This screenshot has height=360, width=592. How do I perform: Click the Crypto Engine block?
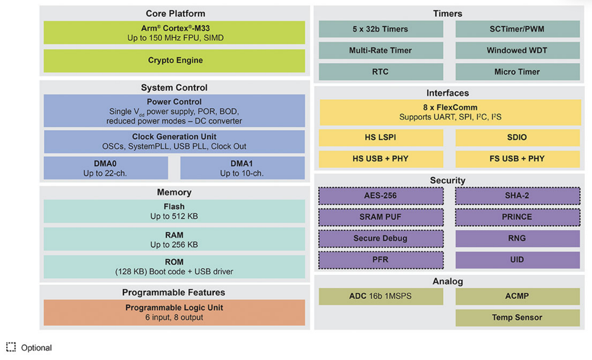(174, 61)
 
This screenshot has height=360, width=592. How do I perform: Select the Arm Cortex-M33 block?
(174, 33)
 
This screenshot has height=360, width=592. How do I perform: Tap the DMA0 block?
(106, 168)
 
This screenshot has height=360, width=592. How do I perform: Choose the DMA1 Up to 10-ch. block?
(242, 168)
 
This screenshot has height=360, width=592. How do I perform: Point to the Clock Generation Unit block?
(174, 142)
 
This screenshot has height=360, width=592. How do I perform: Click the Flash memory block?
(174, 211)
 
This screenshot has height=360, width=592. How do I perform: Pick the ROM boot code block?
(174, 267)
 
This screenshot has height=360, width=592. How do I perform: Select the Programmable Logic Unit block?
(174, 313)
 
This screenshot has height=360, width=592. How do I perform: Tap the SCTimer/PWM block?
(518, 29)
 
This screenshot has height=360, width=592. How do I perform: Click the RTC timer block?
(381, 72)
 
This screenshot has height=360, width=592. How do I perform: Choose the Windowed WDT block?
(518, 51)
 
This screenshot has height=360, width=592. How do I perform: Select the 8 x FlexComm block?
(451, 113)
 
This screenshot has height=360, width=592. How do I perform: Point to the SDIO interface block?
(518, 137)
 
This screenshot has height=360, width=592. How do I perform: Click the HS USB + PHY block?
(381, 159)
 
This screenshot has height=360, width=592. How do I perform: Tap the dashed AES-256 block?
(381, 196)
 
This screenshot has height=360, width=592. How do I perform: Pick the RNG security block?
(518, 239)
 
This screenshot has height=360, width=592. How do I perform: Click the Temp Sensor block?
(518, 318)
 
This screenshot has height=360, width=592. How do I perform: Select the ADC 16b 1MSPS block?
(381, 296)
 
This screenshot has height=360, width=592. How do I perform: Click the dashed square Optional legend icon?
(11, 347)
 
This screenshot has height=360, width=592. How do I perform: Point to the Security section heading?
(448, 180)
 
